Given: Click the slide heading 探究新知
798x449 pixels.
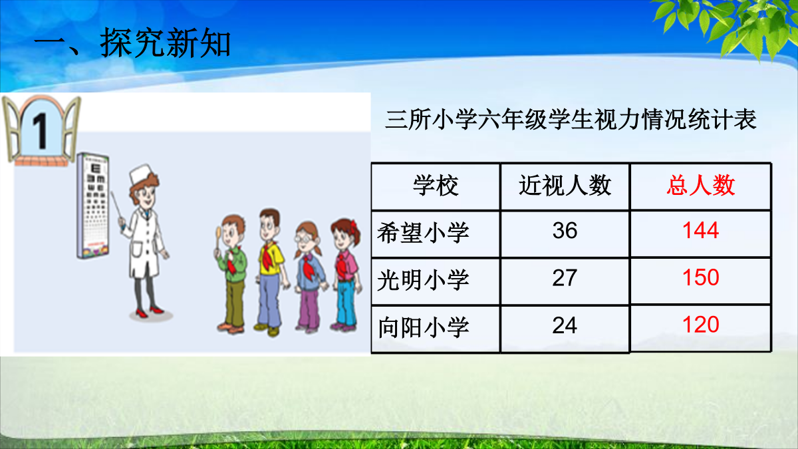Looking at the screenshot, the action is pos(165,43).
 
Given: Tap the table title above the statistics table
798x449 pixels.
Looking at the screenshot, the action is pos(571,120).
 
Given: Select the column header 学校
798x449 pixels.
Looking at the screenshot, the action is pos(436,186).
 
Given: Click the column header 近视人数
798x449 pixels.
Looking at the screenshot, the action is pos(565,186).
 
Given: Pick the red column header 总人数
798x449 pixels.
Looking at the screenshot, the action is pos(701,186).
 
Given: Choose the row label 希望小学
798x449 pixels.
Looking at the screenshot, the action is pos(423,233).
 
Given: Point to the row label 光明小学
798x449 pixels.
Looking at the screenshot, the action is pos(423,280).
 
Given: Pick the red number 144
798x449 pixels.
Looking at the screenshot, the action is pos(701,231).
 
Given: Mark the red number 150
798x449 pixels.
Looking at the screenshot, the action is pos(701,277).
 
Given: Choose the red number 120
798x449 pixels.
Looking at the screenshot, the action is pos(701,325).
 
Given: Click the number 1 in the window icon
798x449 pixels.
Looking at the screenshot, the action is pos(40,131).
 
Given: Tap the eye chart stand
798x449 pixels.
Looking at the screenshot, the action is pos(92,206).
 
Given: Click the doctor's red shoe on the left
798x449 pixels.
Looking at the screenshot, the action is pos(142,313).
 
